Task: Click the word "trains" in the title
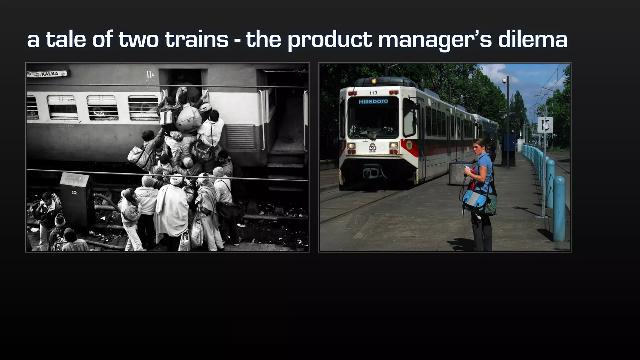click(x=197, y=40)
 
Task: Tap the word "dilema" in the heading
click(x=532, y=40)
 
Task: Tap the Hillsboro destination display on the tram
click(x=373, y=101)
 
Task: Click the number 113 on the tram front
click(x=373, y=93)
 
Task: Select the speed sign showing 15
click(x=545, y=125)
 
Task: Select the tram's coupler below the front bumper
click(x=373, y=172)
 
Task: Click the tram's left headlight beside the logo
click(x=352, y=146)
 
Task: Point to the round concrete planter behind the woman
click(x=458, y=173)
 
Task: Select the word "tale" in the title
click(x=66, y=40)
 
